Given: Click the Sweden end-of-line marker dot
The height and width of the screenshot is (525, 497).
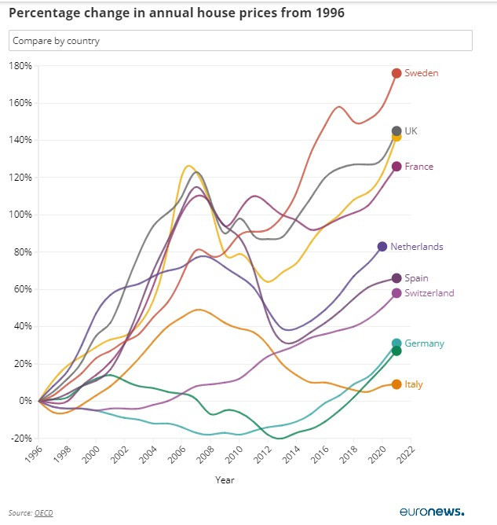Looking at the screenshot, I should (397, 73).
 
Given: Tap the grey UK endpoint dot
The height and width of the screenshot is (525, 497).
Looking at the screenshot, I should (397, 131).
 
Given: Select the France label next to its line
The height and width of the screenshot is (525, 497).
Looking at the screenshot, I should (418, 167).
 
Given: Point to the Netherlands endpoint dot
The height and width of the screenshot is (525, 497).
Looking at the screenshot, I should (382, 247).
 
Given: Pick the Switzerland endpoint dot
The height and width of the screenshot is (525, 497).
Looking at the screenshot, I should (397, 293).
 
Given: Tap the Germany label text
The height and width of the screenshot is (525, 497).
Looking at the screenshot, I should (425, 343).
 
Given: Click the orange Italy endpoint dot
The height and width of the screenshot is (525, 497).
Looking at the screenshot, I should (397, 384).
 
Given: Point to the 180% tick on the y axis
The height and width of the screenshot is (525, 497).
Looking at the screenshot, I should (20, 66).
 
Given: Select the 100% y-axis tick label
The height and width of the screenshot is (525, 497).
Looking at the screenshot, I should (20, 215).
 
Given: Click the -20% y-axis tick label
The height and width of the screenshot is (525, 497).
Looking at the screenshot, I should (20, 438).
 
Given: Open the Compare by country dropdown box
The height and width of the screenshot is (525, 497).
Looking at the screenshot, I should (240, 40).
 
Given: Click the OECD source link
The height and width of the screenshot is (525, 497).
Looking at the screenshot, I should (43, 513).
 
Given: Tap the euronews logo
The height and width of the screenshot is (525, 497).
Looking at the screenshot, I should (432, 511).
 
